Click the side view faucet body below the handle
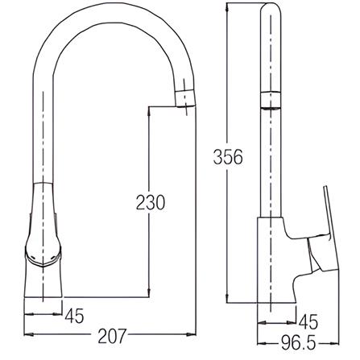pos(274,274)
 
